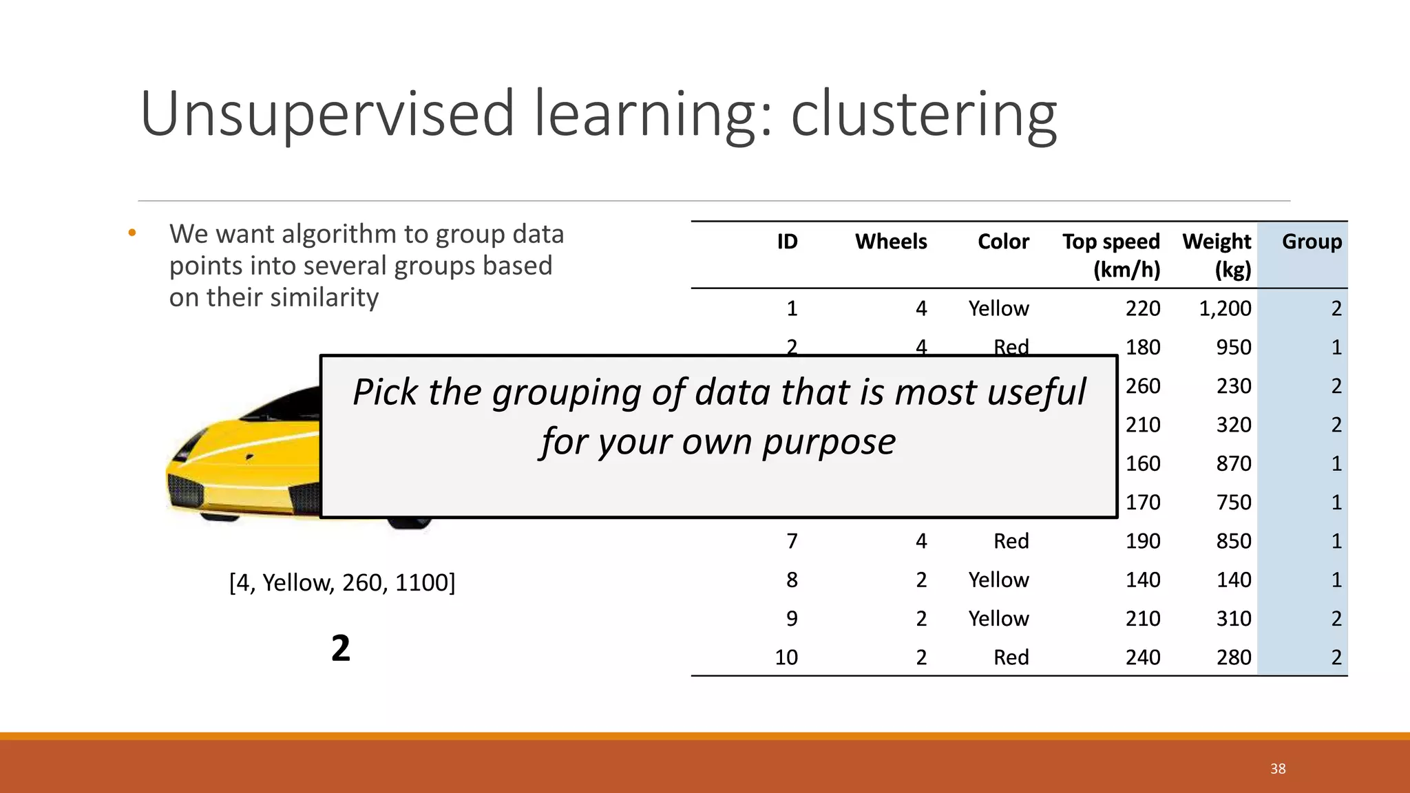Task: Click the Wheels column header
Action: pos(890,242)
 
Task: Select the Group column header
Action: pos(1311,242)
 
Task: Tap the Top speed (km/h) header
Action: pos(1111,255)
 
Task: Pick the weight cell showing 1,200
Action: pos(1225,308)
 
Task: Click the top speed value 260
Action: pos(1143,386)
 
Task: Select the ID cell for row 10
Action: pos(786,657)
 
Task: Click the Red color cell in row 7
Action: pos(1011,541)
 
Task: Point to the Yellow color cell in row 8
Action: pos(998,580)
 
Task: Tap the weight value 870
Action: pos(1233,463)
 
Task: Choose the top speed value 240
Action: pos(1143,657)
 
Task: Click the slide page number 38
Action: pos(1278,769)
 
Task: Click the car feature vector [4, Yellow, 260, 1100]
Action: pos(342,582)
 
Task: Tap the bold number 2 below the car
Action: pos(341,648)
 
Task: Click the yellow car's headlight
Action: pos(193,447)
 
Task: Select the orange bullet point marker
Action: pos(132,234)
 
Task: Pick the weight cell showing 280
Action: pos(1233,657)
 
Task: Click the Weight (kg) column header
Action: pos(1217,255)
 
